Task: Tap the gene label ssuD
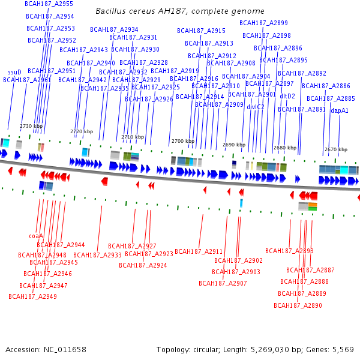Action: pyautogui.click(x=14, y=72)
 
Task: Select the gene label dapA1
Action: pyautogui.click(x=340, y=110)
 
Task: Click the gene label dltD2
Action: pyautogui.click(x=287, y=96)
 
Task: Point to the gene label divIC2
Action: pyautogui.click(x=256, y=107)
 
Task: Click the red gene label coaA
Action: pyautogui.click(x=36, y=236)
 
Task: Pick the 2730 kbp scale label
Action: pyautogui.click(x=31, y=126)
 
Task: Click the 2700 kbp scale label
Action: pyautogui.click(x=183, y=141)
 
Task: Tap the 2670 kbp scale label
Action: pyautogui.click(x=335, y=149)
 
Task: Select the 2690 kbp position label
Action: pyautogui.click(x=234, y=145)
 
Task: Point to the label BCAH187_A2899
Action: pyautogui.click(x=263, y=23)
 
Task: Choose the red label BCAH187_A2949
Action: pyautogui.click(x=32, y=296)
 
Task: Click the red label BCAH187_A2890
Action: pyautogui.click(x=298, y=305)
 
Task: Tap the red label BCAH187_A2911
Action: pyautogui.click(x=199, y=251)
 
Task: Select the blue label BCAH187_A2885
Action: pyautogui.click(x=331, y=98)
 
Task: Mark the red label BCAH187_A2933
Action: pyautogui.click(x=97, y=255)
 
